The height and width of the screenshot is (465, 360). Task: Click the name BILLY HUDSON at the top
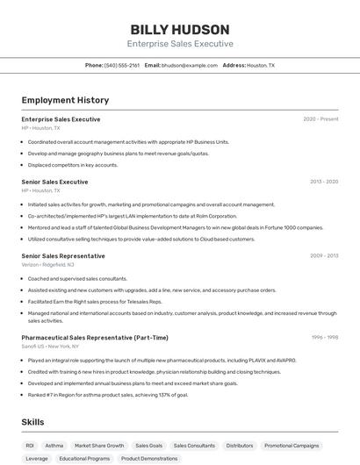180,29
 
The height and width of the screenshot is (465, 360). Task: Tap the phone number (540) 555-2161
122,65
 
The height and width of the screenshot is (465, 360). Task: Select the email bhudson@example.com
190,65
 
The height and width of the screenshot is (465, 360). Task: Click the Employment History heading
65,101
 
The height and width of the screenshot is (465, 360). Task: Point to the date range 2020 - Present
320,118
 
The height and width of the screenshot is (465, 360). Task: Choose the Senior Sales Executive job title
54,182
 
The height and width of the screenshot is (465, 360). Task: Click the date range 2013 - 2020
324,182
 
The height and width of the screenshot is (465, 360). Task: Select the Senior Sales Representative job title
63,256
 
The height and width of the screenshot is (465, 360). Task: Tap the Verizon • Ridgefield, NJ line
47,264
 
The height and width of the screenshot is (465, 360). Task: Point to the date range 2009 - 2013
324,256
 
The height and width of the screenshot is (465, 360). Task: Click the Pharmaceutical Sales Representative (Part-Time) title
95,338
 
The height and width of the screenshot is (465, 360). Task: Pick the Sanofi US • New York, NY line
51,346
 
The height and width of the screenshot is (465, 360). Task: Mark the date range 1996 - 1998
324,338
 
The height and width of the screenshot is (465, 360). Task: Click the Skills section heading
33,422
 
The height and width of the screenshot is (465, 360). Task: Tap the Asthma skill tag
54,446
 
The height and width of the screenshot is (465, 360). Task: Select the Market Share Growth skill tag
99,446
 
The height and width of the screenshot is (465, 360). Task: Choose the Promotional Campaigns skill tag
292,446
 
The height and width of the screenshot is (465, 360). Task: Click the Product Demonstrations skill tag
149,458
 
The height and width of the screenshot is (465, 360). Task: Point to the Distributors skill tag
240,446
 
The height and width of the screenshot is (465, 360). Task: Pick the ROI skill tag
30,446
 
